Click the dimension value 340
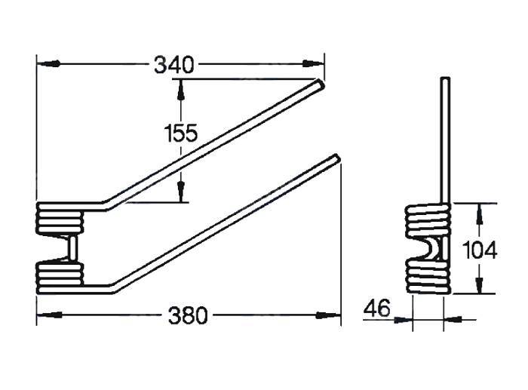tap(174, 65)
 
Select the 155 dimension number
tap(181, 134)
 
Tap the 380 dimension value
tap(186, 315)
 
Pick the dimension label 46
tap(378, 309)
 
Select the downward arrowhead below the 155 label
tap(181, 194)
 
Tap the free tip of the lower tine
tap(336, 158)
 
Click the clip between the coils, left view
tap(72, 248)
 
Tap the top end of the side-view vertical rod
tap(446, 80)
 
